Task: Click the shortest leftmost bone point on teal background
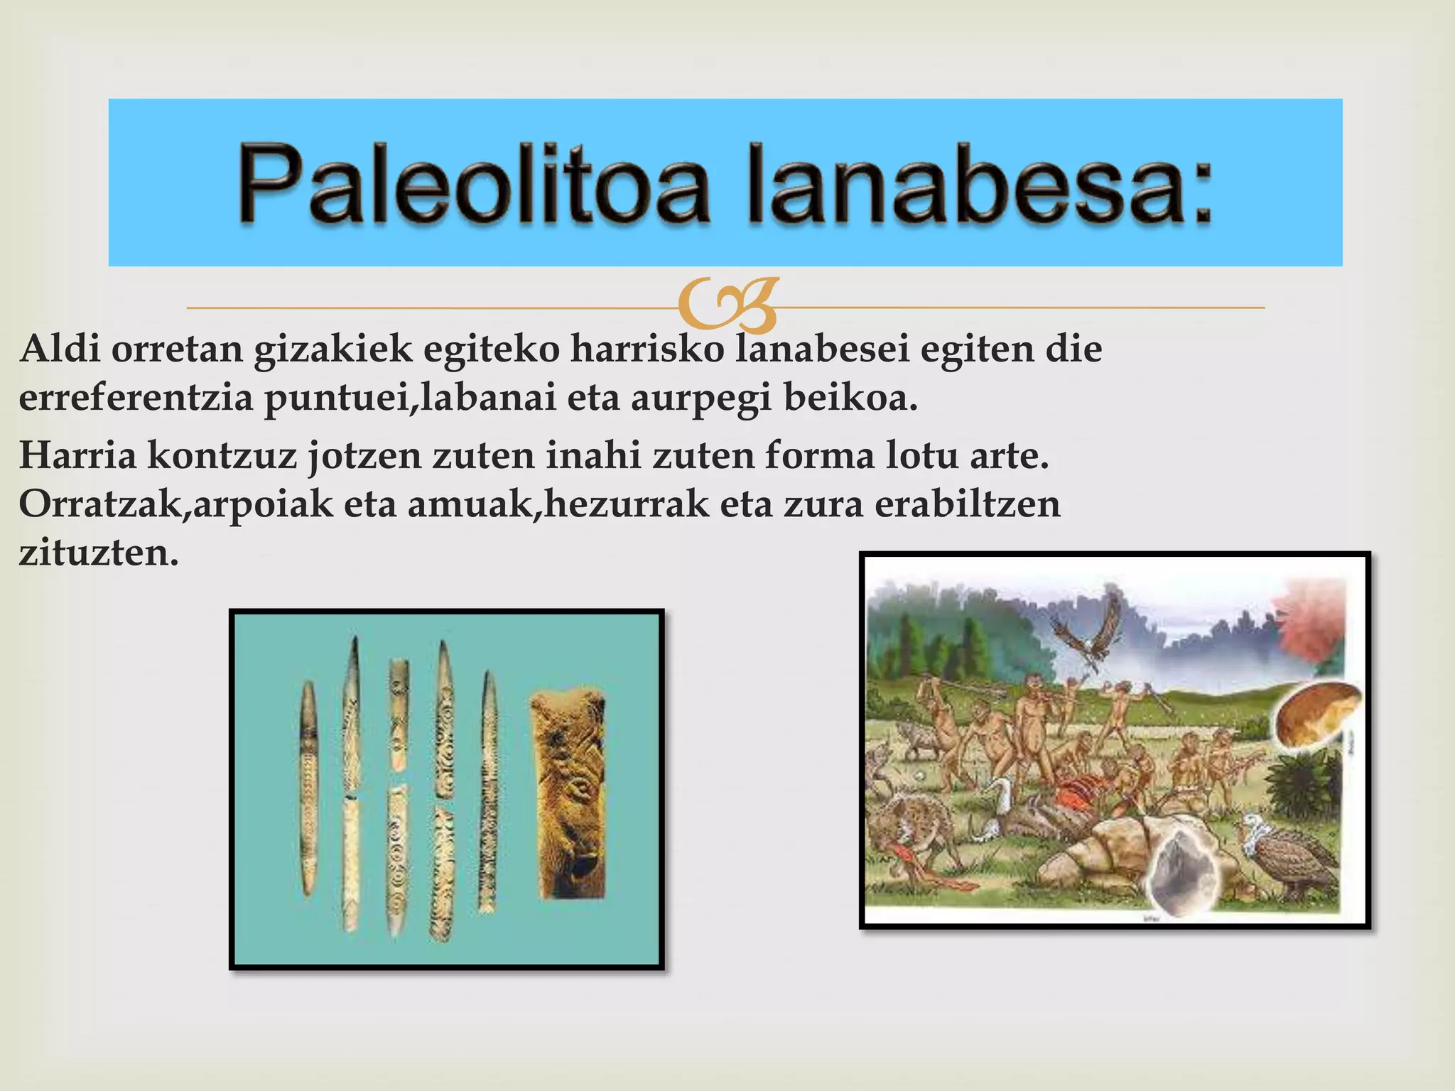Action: point(308,788)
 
